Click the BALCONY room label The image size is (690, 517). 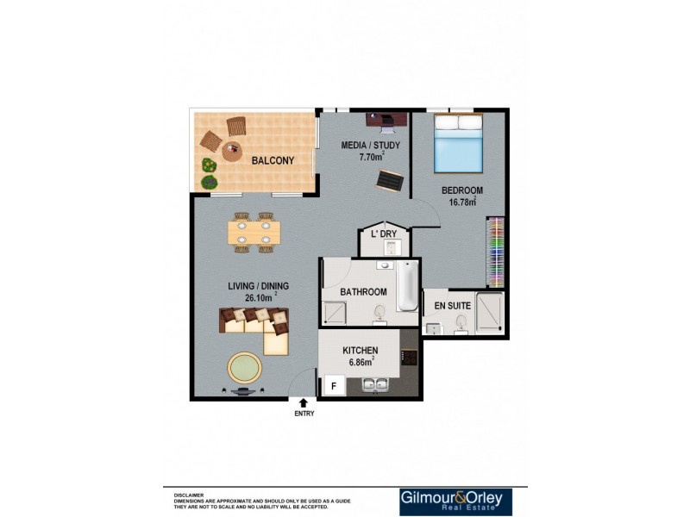pyautogui.click(x=273, y=160)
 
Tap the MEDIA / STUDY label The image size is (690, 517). pyautogui.click(x=371, y=145)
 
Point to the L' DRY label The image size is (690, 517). pyautogui.click(x=383, y=234)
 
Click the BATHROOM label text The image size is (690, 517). pyautogui.click(x=363, y=292)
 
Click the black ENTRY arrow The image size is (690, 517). pyautogui.click(x=303, y=402)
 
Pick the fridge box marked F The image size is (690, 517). pyautogui.click(x=333, y=386)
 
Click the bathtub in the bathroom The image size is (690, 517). pyautogui.click(x=407, y=287)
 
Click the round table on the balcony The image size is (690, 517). pyautogui.click(x=232, y=152)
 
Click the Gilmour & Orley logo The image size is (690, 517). pyautogui.click(x=455, y=501)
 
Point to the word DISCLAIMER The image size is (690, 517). pyautogui.click(x=189, y=495)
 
